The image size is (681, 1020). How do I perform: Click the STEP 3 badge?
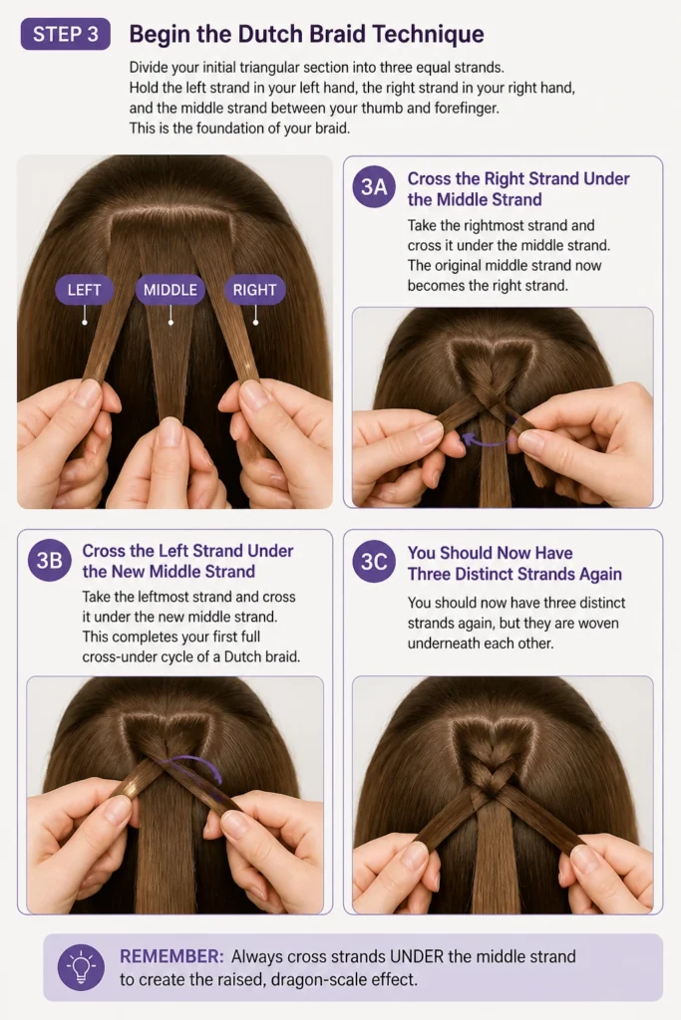(65, 34)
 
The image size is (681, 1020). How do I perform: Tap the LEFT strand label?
(84, 290)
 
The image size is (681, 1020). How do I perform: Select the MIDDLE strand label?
(170, 290)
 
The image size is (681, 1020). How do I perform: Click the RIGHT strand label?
(254, 290)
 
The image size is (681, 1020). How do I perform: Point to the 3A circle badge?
(374, 187)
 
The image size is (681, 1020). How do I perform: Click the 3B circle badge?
(50, 560)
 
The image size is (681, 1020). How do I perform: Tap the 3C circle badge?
(374, 562)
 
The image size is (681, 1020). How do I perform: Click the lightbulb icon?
(81, 967)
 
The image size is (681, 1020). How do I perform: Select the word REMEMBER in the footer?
(171, 956)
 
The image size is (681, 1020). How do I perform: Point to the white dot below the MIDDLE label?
(170, 323)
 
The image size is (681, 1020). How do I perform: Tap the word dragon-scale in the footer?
(318, 980)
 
